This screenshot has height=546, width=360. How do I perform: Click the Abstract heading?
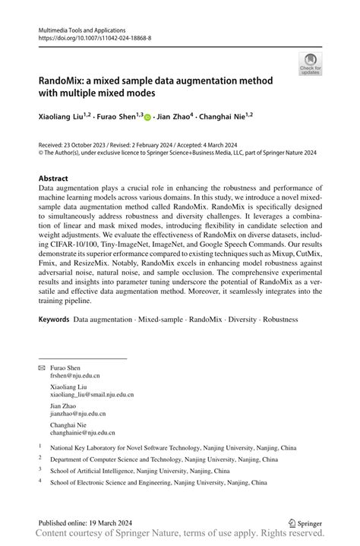coord(58,177)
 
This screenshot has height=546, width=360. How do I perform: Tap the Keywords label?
coord(55,341)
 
